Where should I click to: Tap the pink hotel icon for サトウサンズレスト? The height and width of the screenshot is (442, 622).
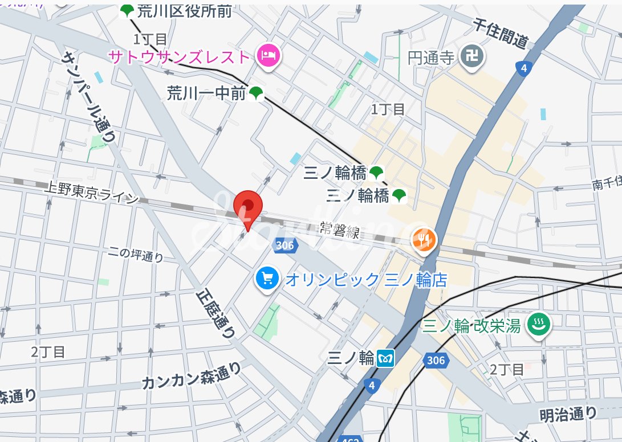coord(268,56)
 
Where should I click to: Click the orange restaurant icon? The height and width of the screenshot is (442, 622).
coord(423,240)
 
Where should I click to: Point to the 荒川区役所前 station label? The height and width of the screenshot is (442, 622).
coord(184,10)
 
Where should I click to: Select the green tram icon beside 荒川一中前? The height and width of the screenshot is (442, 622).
coord(256,93)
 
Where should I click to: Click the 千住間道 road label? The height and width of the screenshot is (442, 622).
coord(501,32)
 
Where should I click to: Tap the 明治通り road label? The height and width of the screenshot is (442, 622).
coord(568,414)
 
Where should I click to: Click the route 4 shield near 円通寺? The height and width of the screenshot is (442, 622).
coord(523,68)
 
